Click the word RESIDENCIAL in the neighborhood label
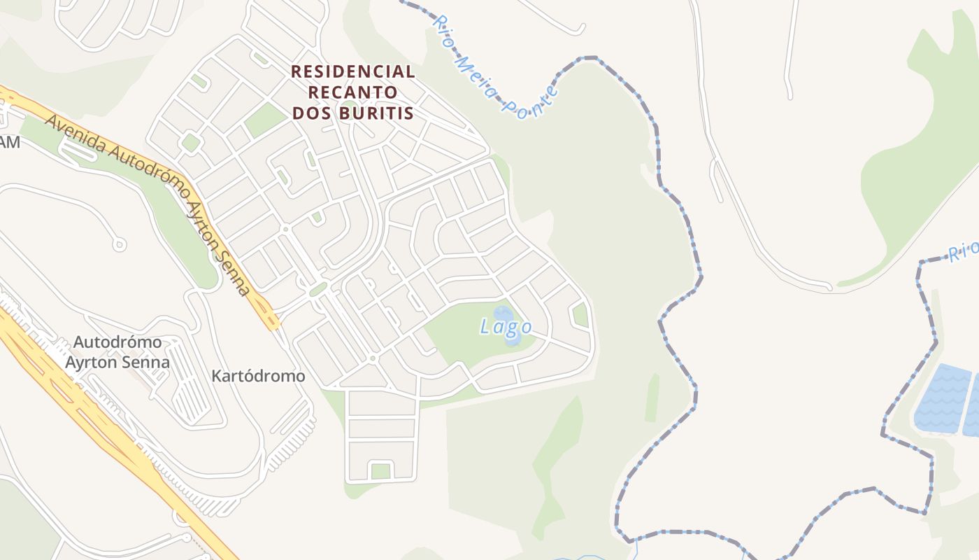click(x=353, y=71)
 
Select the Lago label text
click(x=506, y=327)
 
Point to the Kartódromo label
click(x=259, y=377)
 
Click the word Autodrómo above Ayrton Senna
click(x=117, y=343)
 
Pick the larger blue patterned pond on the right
click(x=943, y=398)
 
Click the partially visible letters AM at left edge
click(x=10, y=143)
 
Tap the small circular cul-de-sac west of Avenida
click(x=120, y=244)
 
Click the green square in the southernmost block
click(x=380, y=470)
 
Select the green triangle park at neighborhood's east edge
click(x=580, y=314)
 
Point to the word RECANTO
click(x=353, y=92)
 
